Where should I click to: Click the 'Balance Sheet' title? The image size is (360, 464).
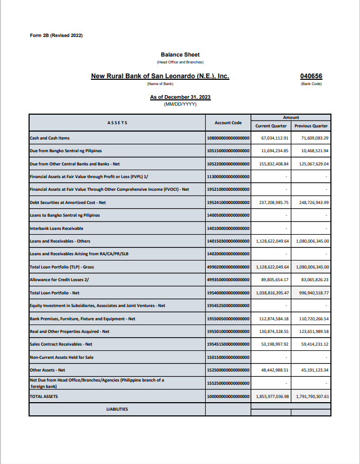pos(180,54)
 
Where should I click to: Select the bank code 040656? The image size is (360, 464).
pos(311,76)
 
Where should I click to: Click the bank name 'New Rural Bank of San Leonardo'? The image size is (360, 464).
pos(160,76)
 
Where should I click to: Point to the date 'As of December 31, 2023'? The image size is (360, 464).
pos(180,97)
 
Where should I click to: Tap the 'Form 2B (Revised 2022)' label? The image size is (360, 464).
pos(57,35)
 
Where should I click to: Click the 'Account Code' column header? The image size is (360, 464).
pos(228,123)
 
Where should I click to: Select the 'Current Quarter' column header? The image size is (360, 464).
pos(271,126)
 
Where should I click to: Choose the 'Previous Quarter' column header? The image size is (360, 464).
pos(311,126)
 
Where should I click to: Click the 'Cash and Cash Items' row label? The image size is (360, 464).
pos(50,138)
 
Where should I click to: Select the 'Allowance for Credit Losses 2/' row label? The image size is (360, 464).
pos(56,280)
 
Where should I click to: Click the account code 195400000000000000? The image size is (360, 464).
pos(228,293)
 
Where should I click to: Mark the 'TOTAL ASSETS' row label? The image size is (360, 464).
pos(44,396)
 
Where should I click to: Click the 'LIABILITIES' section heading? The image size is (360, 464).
pos(117,409)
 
